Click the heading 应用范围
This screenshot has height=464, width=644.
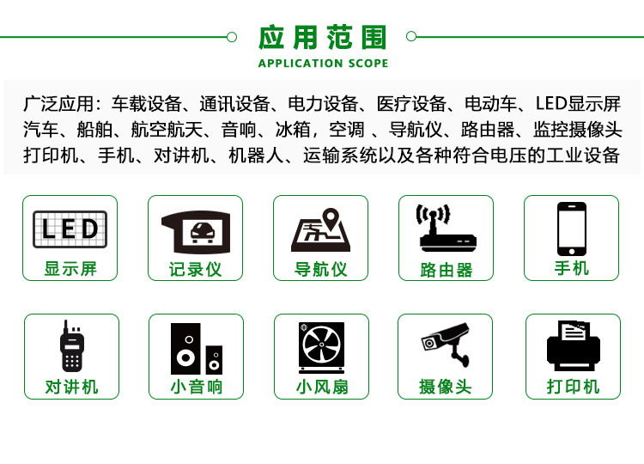click(x=323, y=38)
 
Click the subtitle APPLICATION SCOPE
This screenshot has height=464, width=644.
click(x=323, y=63)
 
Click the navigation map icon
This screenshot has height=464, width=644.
click(x=320, y=230)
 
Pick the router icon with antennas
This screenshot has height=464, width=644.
click(x=446, y=228)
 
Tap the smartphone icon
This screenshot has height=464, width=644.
click(x=571, y=229)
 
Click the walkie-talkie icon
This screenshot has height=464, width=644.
click(x=71, y=346)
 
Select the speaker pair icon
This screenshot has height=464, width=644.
click(x=196, y=348)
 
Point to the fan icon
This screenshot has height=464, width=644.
click(x=321, y=348)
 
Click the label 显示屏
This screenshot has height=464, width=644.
click(x=70, y=269)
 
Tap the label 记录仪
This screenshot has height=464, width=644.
click(x=195, y=269)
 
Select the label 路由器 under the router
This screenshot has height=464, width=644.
click(x=447, y=270)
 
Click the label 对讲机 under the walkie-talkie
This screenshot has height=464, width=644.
click(x=72, y=387)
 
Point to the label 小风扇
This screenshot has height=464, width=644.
click(x=322, y=387)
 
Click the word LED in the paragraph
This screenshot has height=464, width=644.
click(x=552, y=105)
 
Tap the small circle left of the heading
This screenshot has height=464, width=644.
click(x=231, y=37)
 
